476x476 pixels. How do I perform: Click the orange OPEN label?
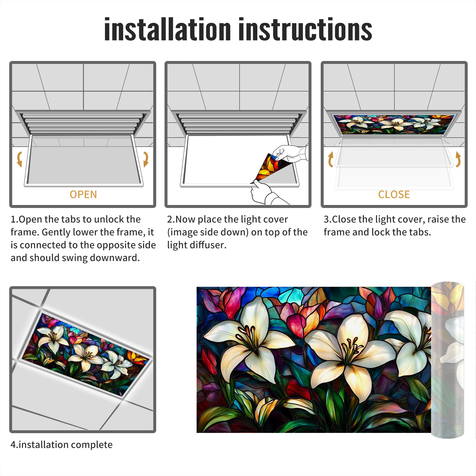tap(83, 195)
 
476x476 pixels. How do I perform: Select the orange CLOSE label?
tap(394, 195)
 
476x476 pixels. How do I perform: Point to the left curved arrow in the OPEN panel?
tap(19, 159)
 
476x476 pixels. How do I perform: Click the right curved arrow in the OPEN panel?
tap(146, 159)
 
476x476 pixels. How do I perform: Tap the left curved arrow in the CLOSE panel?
tap(331, 159)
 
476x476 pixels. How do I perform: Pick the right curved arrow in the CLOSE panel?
tap(458, 159)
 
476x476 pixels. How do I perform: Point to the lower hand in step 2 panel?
tap(266, 193)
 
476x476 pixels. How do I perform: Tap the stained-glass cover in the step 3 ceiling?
tap(394, 124)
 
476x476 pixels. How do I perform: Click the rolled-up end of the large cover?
tap(447, 360)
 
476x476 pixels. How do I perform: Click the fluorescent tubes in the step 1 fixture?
tap(83, 123)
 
